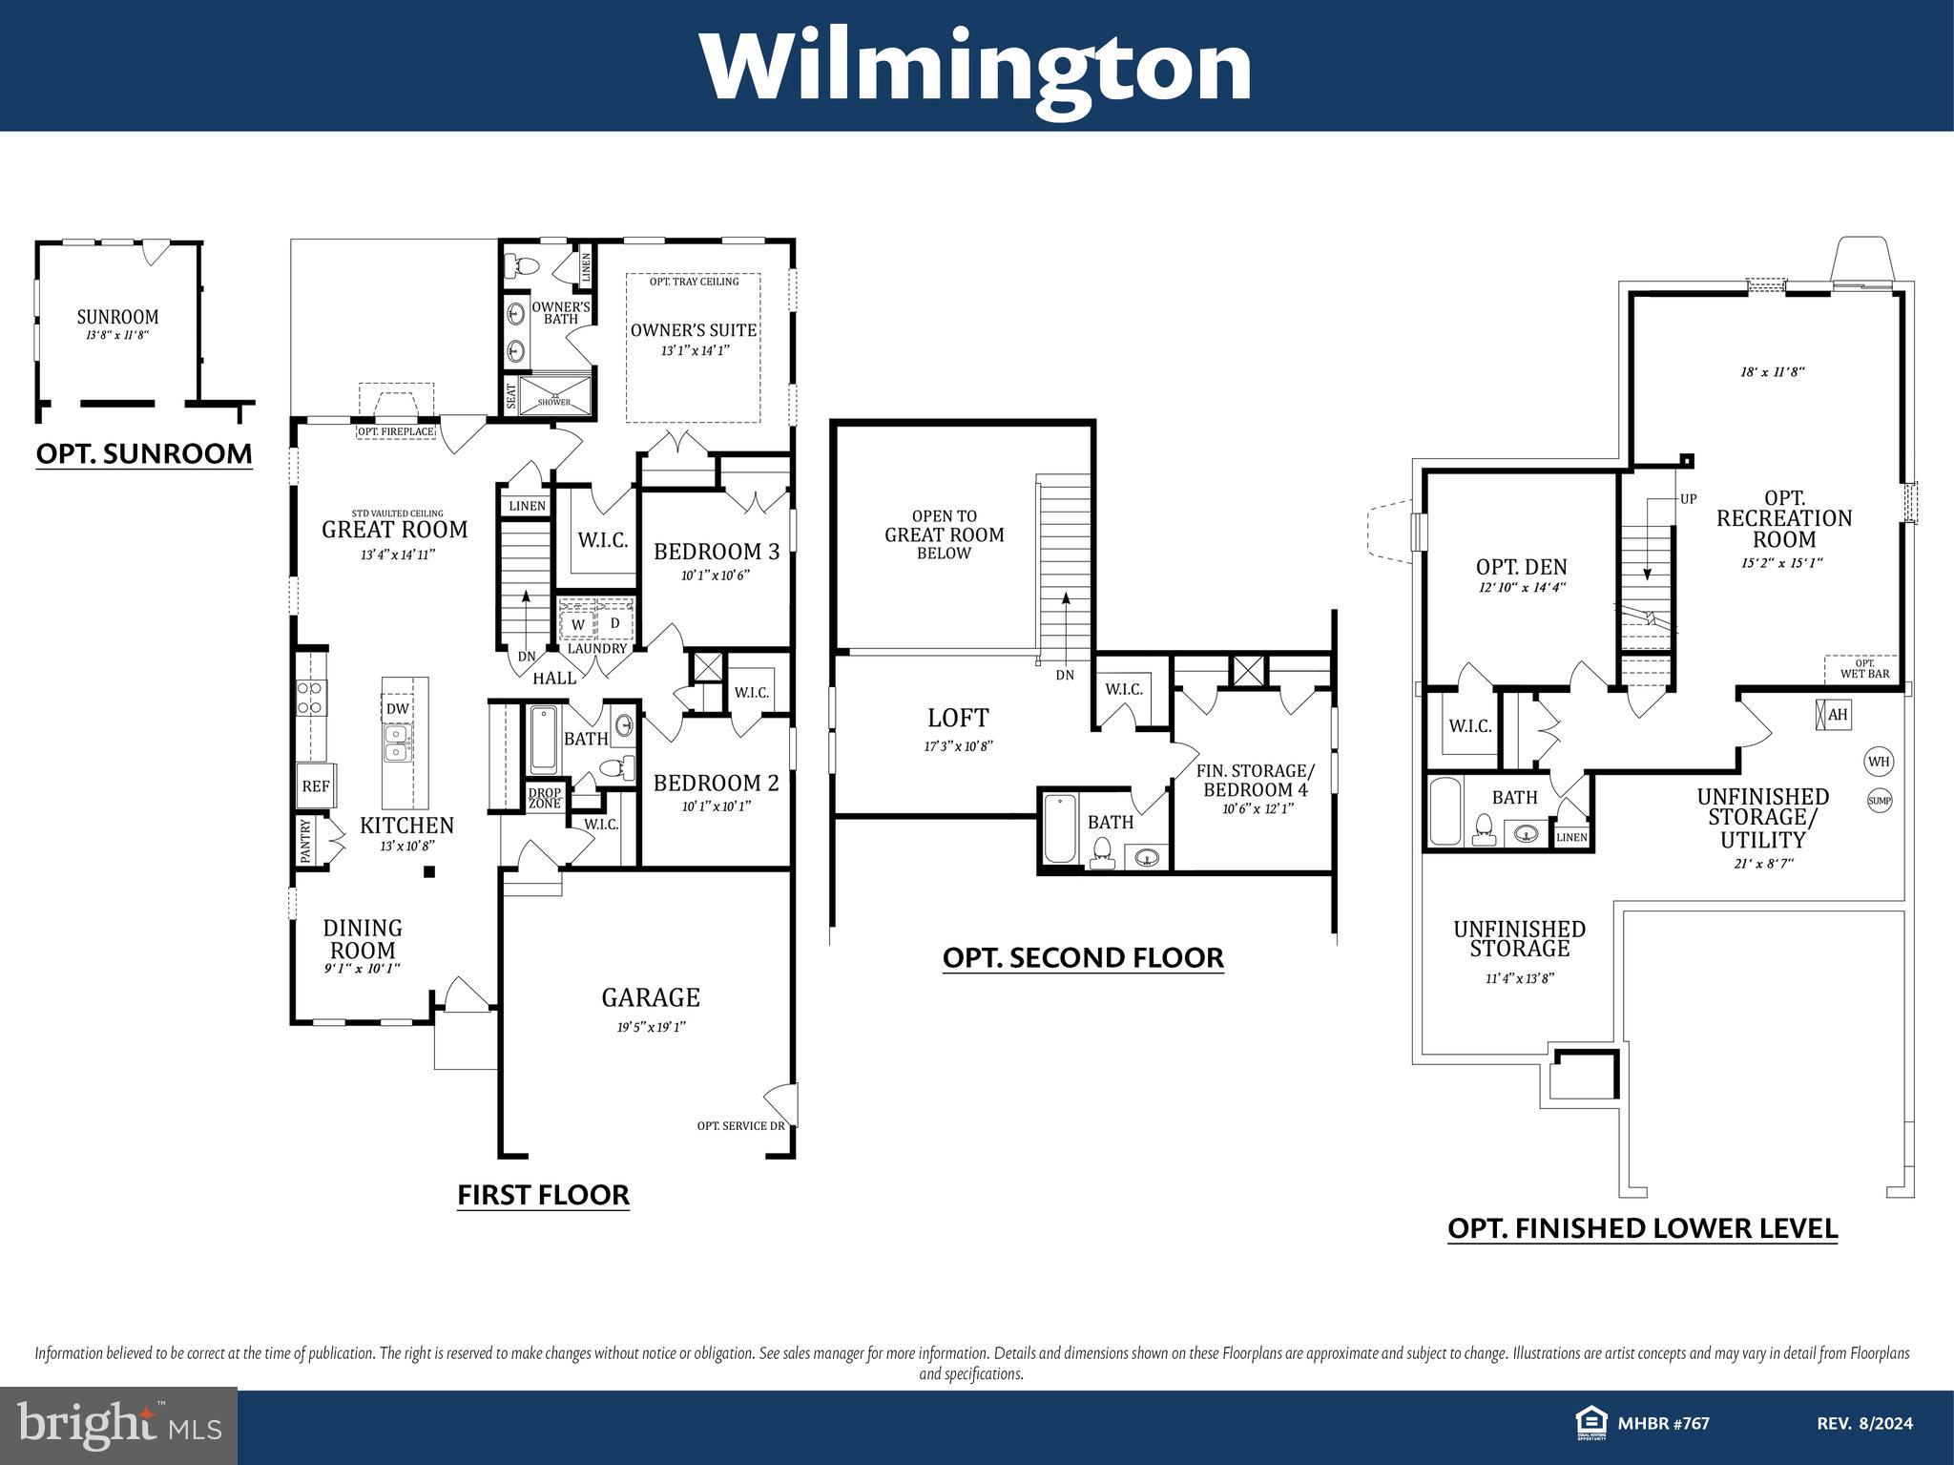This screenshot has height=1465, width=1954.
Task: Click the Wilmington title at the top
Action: pos(976,67)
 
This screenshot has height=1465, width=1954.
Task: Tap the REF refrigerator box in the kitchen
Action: pos(315,786)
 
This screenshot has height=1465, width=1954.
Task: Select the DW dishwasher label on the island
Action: pos(398,709)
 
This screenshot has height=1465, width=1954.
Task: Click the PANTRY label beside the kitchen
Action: pos(306,841)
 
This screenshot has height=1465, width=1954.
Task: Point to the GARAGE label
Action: pos(651,997)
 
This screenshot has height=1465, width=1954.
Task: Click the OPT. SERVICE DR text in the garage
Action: pos(740,1126)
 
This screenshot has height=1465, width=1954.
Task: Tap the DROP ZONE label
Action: pos(546,798)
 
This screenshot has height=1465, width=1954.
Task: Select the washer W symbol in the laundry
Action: pos(578,624)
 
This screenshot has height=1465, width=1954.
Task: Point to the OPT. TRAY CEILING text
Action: pos(694,282)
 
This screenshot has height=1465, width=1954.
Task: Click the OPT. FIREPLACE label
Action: pos(396,432)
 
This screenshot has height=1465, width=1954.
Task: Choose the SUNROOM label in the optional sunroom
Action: pos(118,317)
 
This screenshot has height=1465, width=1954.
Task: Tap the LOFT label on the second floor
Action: pos(958,718)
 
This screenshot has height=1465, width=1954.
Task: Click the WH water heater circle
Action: pos(1879,762)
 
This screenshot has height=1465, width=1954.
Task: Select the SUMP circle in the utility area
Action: pos(1879,801)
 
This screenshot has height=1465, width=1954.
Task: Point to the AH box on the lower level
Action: pos(1832,715)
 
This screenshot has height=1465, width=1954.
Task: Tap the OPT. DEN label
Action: pos(1521,567)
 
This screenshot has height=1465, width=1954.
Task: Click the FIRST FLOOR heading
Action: pos(543,1194)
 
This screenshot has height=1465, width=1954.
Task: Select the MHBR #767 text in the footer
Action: pos(1663,1424)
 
